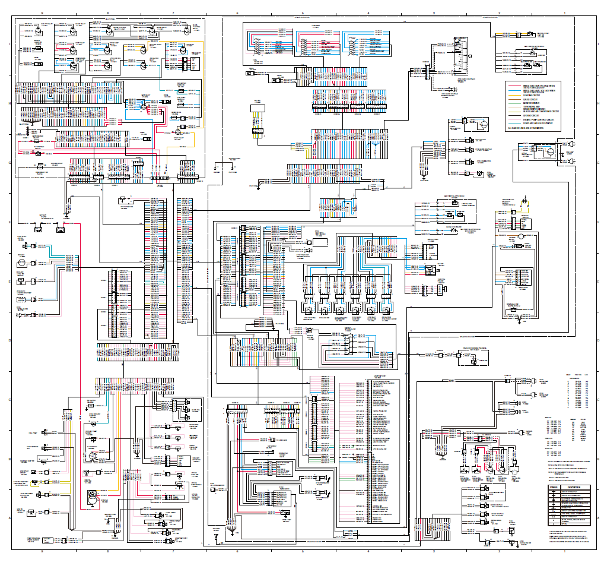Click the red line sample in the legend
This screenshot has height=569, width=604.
[514, 86]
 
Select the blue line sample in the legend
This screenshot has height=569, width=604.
[514, 90]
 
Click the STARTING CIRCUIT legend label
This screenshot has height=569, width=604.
[532, 94]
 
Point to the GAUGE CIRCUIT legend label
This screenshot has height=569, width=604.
[531, 99]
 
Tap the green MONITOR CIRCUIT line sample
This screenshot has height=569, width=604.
[514, 103]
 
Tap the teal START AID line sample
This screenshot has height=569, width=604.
[514, 124]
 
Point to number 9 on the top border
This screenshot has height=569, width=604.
[42, 12]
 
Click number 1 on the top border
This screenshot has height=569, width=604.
[564, 12]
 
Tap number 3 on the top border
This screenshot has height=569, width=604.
[434, 12]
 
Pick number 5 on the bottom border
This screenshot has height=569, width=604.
[303, 551]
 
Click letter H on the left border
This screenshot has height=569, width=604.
[8, 103]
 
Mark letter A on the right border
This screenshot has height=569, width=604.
[596, 518]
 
